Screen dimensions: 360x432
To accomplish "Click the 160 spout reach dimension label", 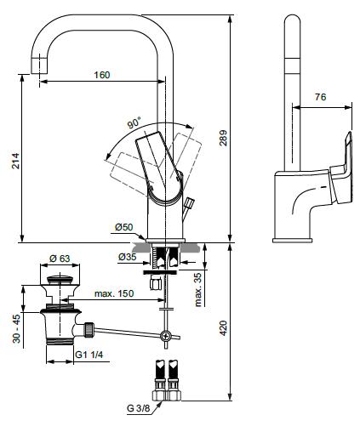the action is [x=102, y=75].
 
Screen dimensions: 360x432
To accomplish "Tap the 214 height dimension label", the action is [x=15, y=161].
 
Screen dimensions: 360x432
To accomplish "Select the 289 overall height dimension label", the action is [x=223, y=138].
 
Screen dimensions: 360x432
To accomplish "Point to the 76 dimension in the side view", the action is [x=320, y=97].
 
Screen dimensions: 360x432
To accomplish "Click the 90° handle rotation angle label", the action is [x=134, y=122].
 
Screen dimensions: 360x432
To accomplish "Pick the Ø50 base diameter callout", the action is [x=124, y=227].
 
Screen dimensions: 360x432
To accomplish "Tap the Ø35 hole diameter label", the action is [x=128, y=257].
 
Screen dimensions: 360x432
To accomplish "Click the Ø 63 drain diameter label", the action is [x=60, y=259].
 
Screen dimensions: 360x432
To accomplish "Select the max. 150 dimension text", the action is [x=114, y=293].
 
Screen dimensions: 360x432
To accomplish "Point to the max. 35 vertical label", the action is [x=198, y=289].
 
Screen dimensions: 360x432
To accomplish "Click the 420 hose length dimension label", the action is [x=223, y=328].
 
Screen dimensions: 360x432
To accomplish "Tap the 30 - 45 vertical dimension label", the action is [x=16, y=328].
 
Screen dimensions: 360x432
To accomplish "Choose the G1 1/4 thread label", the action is [x=89, y=355].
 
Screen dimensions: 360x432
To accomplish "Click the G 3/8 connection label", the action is [x=138, y=408].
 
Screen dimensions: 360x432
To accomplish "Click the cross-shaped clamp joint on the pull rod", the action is [x=165, y=336].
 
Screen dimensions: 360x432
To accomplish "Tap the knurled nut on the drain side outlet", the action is [x=89, y=329].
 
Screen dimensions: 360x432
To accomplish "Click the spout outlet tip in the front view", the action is [x=38, y=65].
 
